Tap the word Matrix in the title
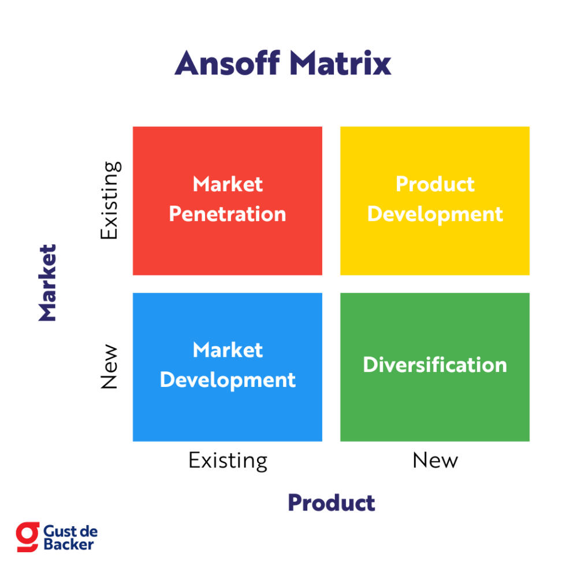click(340, 63)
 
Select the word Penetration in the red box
click(228, 214)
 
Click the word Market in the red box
click(228, 184)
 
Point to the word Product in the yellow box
click(435, 184)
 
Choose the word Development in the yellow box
click(435, 214)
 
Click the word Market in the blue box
click(228, 350)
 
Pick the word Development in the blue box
click(228, 380)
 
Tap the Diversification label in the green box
click(435, 365)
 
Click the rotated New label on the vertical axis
click(109, 367)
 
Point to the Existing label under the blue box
click(228, 461)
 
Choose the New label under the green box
click(435, 460)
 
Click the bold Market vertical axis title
click(48, 283)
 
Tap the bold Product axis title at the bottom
click(332, 502)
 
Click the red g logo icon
click(27, 537)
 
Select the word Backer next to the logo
click(68, 544)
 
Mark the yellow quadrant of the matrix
click(435, 243)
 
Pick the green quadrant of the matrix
click(435, 404)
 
